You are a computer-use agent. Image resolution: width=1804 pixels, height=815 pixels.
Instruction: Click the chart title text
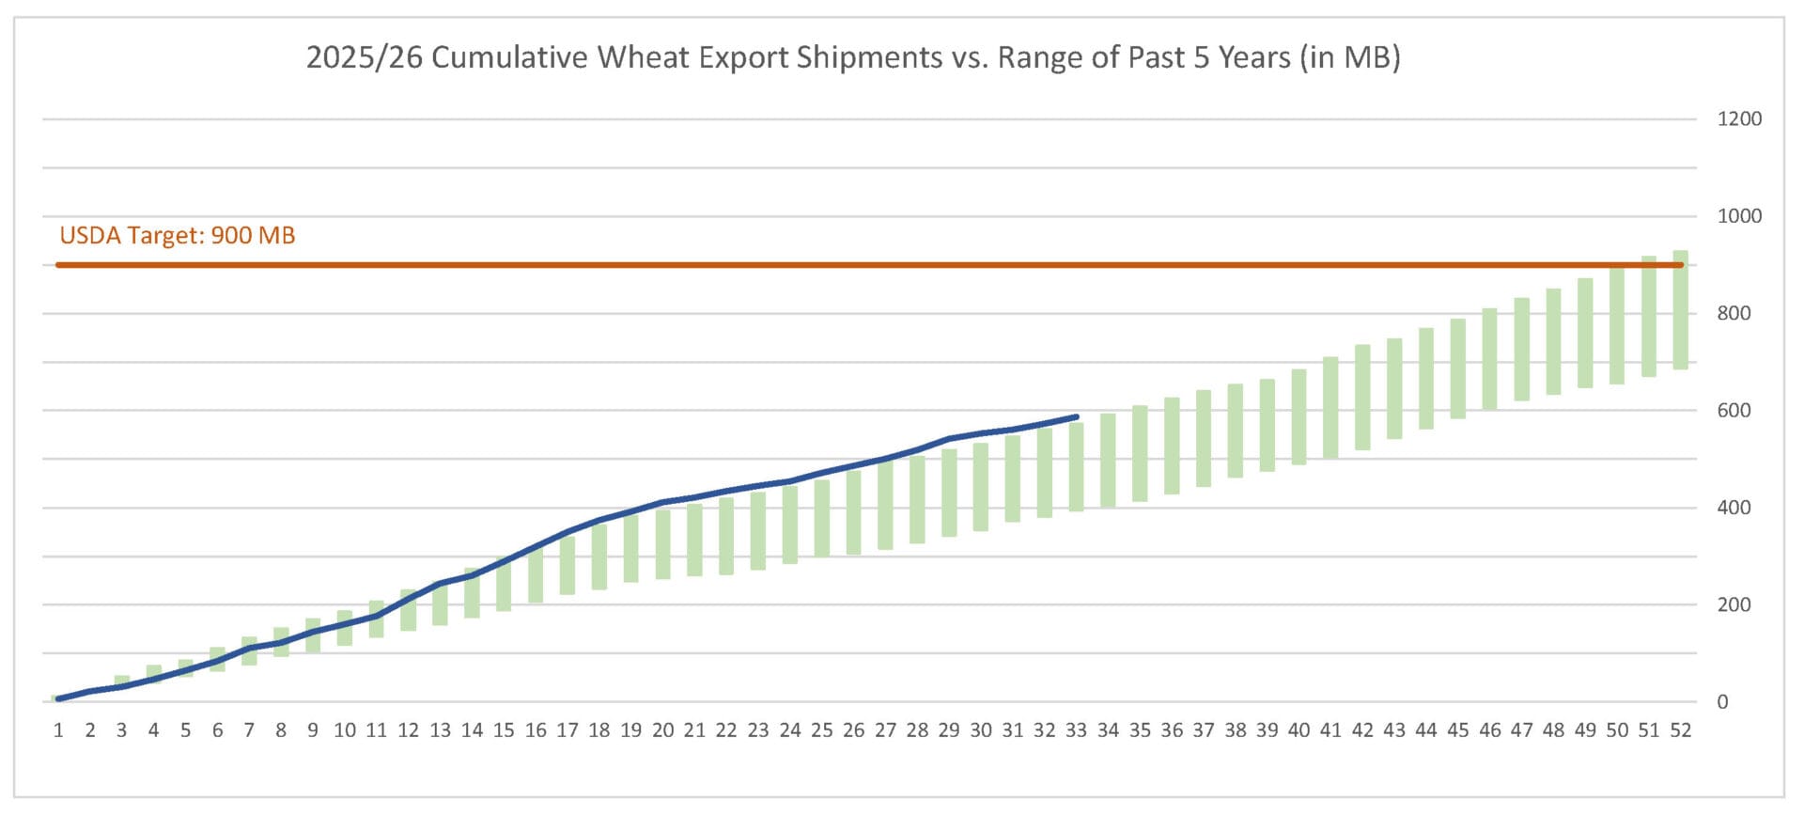tap(853, 58)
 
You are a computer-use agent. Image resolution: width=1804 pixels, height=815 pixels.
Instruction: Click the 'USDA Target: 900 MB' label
tap(178, 235)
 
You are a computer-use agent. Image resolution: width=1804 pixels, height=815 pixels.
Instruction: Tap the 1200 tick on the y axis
tap(1738, 119)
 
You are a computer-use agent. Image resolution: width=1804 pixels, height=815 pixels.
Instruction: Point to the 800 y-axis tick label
tap(1734, 313)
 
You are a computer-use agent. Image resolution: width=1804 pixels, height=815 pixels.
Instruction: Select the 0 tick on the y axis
tap(1722, 702)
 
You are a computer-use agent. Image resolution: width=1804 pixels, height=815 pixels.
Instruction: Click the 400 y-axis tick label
tap(1734, 508)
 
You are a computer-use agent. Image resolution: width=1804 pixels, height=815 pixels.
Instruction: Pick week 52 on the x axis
tap(1680, 730)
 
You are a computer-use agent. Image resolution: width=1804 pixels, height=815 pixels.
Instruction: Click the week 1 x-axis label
tap(58, 730)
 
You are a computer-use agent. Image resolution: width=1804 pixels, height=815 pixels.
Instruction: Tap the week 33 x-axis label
tap(1076, 730)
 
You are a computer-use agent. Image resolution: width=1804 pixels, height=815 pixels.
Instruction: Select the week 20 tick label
tap(662, 730)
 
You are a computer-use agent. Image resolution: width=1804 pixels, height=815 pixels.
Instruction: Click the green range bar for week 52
tap(1680, 310)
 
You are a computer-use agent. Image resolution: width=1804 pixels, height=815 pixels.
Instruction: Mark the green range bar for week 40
tap(1299, 416)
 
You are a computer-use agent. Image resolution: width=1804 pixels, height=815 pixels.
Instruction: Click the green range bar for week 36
tap(1172, 446)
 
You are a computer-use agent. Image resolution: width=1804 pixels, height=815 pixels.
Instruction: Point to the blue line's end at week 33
tap(1076, 416)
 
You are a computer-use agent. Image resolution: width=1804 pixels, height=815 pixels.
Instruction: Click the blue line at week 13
tap(440, 584)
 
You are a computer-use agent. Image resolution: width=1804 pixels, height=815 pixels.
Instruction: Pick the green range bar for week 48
tap(1553, 341)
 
